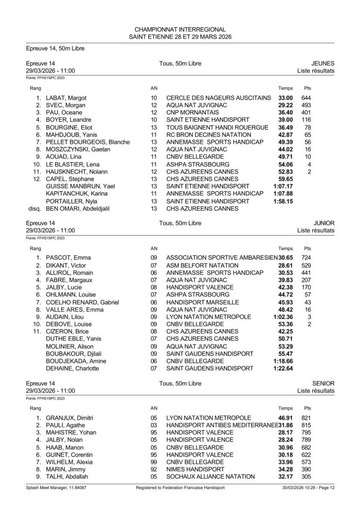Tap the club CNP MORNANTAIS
click(x=194, y=113)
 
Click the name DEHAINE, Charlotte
click(x=72, y=368)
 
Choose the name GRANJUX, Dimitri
click(x=70, y=418)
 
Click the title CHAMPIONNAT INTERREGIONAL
click(x=180, y=29)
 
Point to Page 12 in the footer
click(x=324, y=501)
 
